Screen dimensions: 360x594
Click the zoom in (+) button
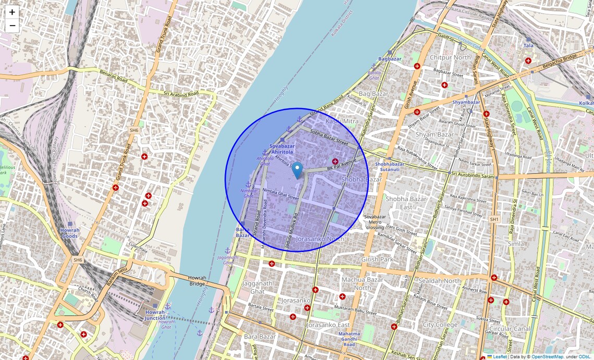click(12, 12)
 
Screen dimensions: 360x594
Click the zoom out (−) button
click(12, 26)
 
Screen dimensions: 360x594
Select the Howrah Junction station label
click(155, 315)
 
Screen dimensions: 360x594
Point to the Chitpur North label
click(451, 57)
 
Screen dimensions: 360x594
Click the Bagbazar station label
click(390, 59)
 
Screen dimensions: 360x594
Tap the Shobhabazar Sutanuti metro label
click(390, 167)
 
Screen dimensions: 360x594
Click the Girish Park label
click(378, 259)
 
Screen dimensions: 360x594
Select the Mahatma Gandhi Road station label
click(349, 339)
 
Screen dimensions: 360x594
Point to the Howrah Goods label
click(69, 233)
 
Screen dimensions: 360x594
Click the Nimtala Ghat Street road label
click(280, 193)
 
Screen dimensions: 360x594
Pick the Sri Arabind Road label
click(181, 94)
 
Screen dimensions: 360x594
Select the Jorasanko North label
click(320, 239)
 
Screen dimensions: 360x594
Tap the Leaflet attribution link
click(500, 357)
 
